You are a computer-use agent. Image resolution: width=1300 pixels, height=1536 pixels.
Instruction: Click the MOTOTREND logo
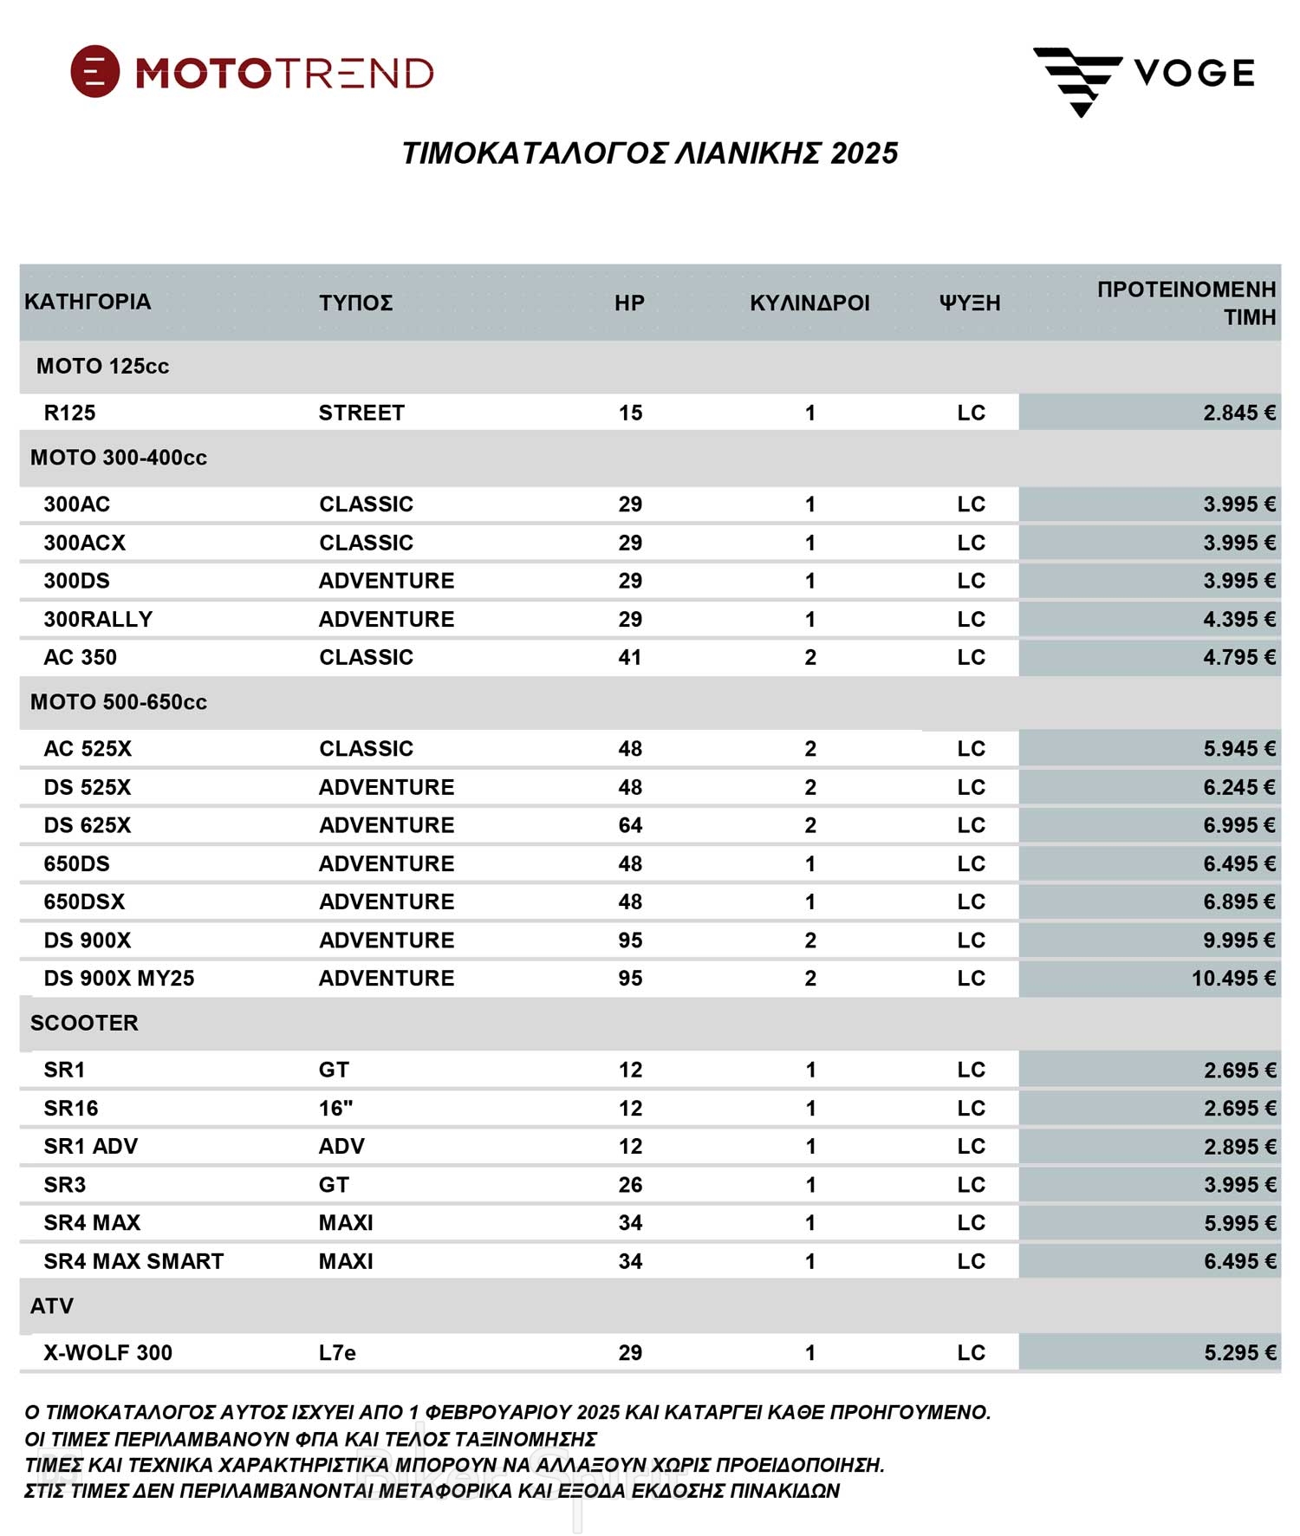tap(251, 72)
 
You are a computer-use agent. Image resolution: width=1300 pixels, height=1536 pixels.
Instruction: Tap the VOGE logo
tap(1144, 76)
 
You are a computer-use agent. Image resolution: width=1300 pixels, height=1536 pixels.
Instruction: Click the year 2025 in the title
tap(863, 153)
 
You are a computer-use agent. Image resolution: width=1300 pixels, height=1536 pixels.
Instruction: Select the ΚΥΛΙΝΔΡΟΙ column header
tap(809, 303)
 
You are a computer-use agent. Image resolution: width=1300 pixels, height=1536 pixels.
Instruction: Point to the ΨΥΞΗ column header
tap(970, 303)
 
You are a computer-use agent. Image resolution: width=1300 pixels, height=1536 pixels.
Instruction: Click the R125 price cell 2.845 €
tap(1238, 413)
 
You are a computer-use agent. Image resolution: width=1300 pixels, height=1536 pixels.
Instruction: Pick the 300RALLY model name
tap(98, 619)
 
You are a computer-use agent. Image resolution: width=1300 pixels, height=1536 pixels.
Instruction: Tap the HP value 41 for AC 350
tap(630, 657)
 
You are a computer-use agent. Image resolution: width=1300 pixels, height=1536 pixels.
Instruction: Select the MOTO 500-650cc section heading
tap(119, 702)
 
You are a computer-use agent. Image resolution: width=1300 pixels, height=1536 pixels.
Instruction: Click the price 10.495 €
tap(1232, 978)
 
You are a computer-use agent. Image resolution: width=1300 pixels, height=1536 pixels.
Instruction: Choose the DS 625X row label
tap(88, 825)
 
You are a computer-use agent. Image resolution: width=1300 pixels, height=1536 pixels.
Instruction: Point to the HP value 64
tap(630, 825)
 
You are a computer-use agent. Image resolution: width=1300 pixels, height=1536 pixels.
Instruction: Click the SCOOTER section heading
tap(84, 1023)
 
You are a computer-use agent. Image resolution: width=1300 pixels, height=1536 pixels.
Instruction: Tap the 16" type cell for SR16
tap(335, 1108)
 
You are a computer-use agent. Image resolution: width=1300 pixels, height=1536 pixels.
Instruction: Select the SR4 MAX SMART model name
tap(133, 1261)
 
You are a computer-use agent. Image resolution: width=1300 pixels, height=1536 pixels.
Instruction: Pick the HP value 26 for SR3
tap(630, 1184)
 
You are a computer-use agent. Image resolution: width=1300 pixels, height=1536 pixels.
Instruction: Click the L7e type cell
tap(337, 1352)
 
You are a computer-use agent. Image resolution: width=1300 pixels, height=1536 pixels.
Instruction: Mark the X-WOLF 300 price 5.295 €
tap(1239, 1352)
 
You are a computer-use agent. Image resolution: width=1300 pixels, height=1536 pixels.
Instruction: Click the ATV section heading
tap(52, 1305)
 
